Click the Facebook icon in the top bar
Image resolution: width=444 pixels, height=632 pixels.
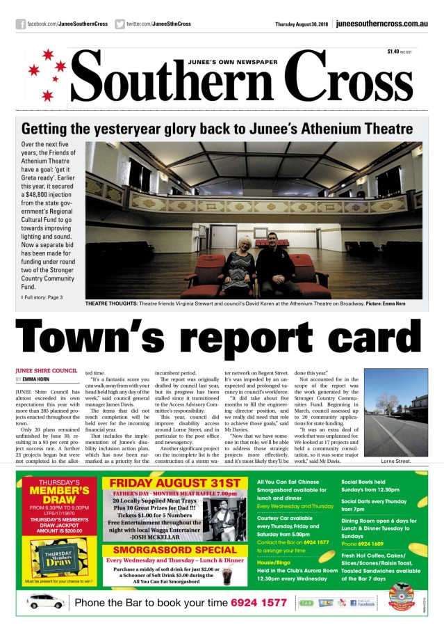(21, 24)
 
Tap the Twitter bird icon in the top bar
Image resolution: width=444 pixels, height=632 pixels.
(120, 24)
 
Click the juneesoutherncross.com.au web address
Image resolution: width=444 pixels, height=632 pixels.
(381, 24)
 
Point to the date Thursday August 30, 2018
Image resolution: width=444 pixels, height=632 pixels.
(302, 24)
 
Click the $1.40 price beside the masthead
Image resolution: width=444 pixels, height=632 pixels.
(393, 52)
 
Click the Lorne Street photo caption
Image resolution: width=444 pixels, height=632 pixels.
(396, 461)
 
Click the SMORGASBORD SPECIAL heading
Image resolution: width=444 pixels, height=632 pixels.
(173, 549)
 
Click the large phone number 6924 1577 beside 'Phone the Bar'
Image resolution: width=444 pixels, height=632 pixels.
(258, 602)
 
